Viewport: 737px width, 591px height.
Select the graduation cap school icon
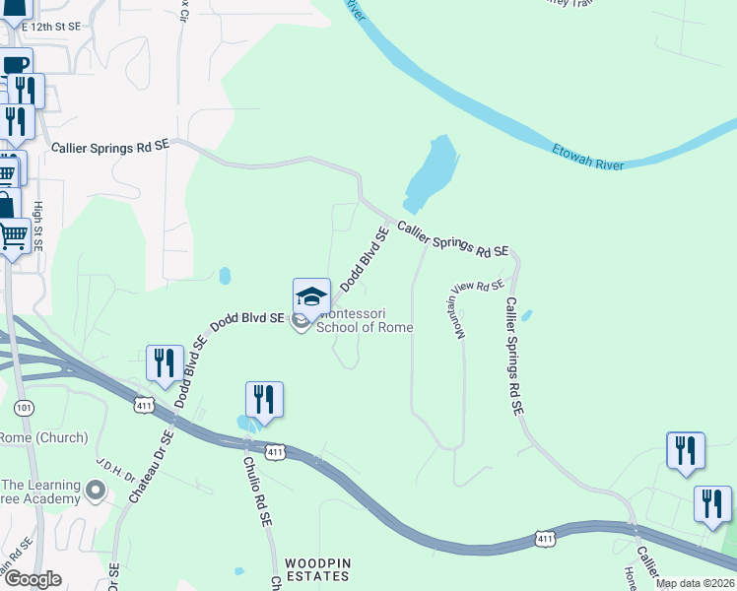click(311, 296)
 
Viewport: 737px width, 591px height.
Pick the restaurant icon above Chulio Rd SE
click(264, 399)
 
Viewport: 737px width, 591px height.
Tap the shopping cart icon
click(14, 236)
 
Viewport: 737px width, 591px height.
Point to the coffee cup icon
click(15, 65)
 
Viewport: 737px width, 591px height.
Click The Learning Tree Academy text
click(39, 492)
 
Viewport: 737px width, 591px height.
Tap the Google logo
click(33, 580)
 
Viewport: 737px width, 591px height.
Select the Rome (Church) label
click(43, 437)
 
